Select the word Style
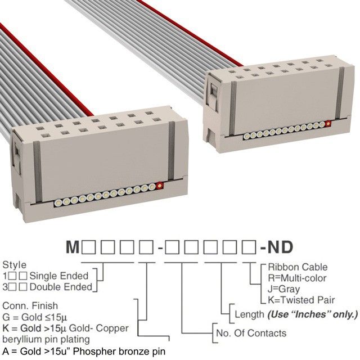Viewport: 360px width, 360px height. coord(15,265)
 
